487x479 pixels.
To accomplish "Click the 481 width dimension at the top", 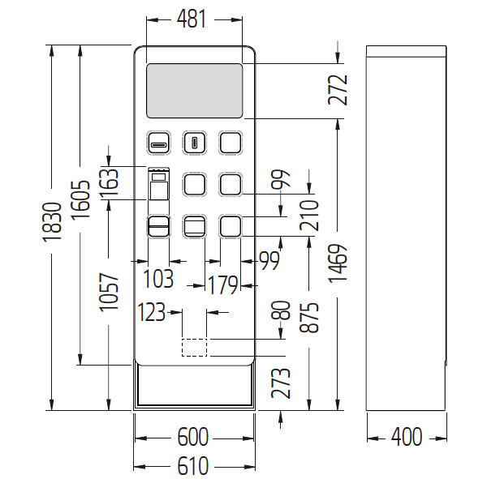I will [193, 19].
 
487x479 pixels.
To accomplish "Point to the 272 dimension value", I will [339, 90].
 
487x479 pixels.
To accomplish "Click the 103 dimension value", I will [158, 279].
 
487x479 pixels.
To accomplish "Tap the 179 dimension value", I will [222, 286].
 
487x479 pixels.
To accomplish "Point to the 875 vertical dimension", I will [309, 318].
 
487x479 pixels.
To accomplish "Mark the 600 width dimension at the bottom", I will [193, 438].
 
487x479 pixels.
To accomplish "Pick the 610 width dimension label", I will [193, 467].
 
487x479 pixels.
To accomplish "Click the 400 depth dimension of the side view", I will [406, 438].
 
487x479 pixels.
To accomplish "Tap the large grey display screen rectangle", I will [194, 89].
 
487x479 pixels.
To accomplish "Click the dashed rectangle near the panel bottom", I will [194, 347].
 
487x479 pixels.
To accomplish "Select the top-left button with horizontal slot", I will [158, 143].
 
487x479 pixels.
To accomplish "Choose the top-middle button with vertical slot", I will [195, 143].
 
